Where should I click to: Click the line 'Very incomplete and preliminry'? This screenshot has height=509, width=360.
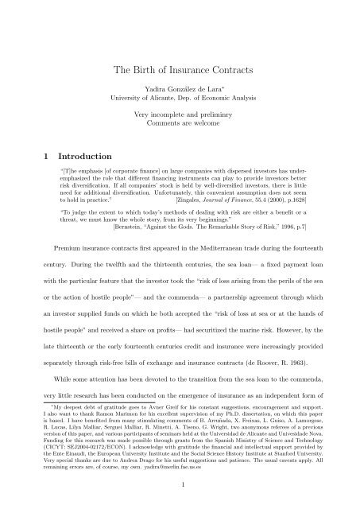tap(180, 126)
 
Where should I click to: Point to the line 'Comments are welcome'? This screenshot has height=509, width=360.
tap(180, 137)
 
